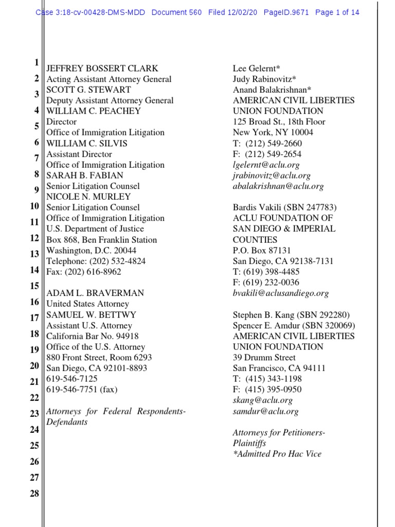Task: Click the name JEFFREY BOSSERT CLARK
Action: coord(102,68)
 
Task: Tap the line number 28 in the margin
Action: coord(34,494)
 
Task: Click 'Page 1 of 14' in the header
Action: coord(337,12)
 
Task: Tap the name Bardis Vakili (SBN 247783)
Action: coord(284,207)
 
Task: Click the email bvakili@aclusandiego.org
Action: coord(280,293)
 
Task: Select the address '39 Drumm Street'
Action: coord(264,358)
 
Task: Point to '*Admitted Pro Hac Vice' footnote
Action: coord(277,454)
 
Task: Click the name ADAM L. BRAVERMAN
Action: coord(95,293)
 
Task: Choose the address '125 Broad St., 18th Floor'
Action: coord(279,122)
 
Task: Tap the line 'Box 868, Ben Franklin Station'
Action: coord(102,240)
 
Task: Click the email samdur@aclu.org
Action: coord(265,411)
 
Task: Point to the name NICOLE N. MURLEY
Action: coord(88,197)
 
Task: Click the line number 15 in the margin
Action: coord(34,286)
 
